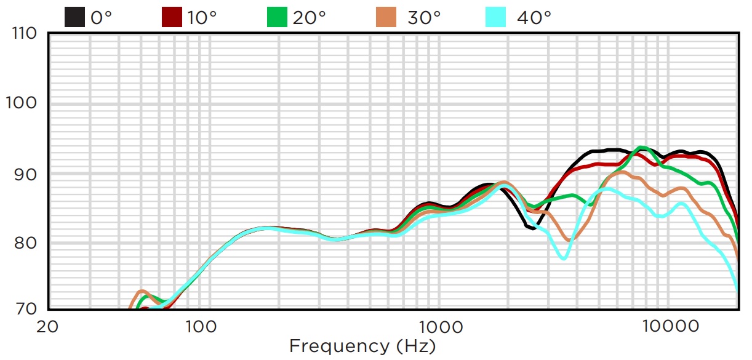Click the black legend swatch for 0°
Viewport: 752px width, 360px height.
[x=74, y=17]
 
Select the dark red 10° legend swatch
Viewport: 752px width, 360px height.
[x=172, y=17]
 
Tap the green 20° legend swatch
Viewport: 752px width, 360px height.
[x=277, y=17]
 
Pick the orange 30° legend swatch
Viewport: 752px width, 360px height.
[x=386, y=17]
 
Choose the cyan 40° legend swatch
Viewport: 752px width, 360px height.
[x=495, y=17]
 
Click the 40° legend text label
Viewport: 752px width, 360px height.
[x=534, y=17]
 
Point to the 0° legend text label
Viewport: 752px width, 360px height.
[x=101, y=17]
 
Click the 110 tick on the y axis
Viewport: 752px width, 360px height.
[x=24, y=33]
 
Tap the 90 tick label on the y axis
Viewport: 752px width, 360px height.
[x=27, y=173]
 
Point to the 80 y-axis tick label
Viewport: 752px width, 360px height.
[x=27, y=242]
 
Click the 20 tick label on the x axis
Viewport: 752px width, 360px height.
[x=47, y=326]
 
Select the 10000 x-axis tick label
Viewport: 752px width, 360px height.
[x=668, y=326]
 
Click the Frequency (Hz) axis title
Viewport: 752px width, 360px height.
[x=362, y=346]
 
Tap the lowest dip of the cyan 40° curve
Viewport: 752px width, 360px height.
[x=563, y=258]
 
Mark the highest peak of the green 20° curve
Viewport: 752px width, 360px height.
[x=642, y=148]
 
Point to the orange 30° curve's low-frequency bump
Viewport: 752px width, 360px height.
[x=141, y=291]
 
